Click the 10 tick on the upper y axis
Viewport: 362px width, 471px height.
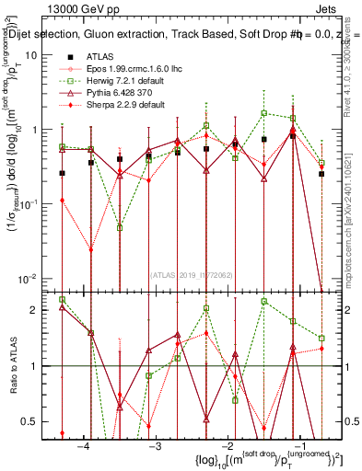tap(30, 55)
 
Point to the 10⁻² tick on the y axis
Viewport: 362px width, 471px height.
tap(27, 278)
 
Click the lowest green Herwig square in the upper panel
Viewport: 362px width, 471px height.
tap(121, 227)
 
